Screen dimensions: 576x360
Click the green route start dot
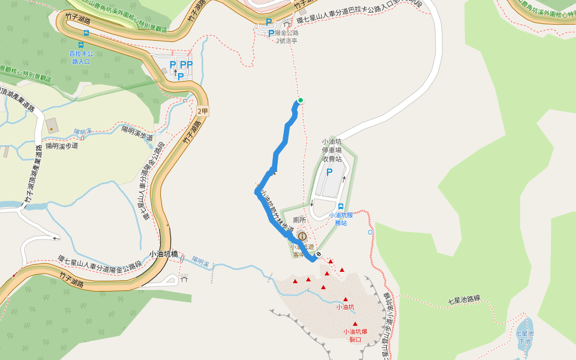coord(301,100)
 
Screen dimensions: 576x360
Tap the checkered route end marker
coord(319,254)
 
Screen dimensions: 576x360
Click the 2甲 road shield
coord(203,111)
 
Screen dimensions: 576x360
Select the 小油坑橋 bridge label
coord(164,254)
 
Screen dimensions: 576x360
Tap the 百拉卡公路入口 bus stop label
coord(80,58)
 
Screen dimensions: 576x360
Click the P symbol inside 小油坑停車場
coord(329,172)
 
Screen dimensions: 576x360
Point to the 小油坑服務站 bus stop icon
coord(341,206)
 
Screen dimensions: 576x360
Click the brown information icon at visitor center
coord(302,236)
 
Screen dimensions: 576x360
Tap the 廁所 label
coord(299,220)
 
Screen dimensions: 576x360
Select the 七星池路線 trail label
coord(465,299)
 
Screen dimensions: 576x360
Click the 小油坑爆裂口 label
coord(355,335)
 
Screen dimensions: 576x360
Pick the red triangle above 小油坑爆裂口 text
coord(355,324)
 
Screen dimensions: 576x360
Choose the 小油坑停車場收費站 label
coord(332,151)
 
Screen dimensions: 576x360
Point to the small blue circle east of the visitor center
coord(370,232)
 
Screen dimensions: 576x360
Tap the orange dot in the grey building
coord(51,128)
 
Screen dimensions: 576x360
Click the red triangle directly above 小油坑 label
coord(346,299)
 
